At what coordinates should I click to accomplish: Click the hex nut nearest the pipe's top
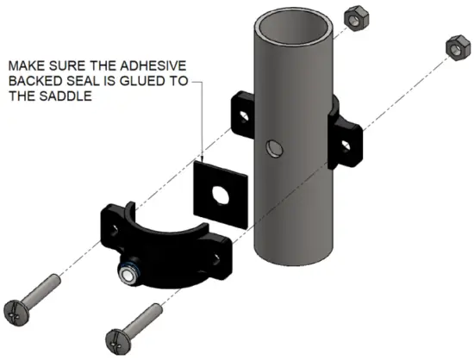click(x=352, y=18)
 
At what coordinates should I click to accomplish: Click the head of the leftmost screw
click(x=22, y=308)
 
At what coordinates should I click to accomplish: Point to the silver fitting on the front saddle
click(x=129, y=275)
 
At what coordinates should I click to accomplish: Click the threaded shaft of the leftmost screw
click(x=48, y=288)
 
